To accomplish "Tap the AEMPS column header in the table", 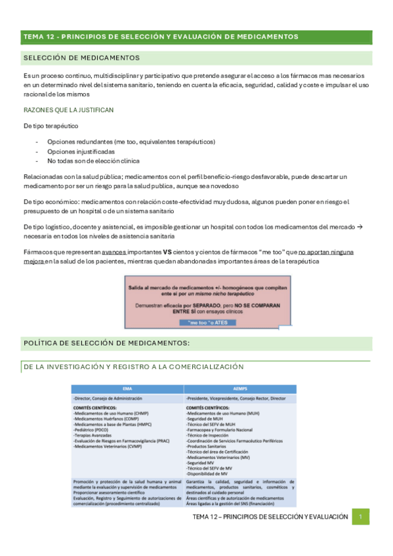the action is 239,387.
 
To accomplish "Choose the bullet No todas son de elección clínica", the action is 93,161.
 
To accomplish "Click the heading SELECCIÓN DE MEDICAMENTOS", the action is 81,58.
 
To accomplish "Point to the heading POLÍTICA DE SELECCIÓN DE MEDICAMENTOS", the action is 106,342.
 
